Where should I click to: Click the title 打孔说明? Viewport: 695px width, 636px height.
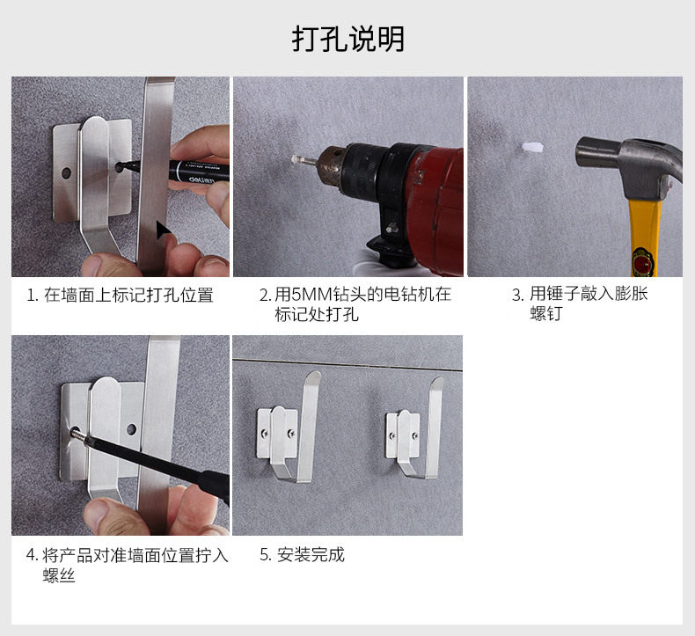click(348, 39)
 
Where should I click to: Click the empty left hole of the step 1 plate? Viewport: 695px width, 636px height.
click(67, 172)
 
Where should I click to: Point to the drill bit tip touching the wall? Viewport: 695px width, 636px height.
click(294, 158)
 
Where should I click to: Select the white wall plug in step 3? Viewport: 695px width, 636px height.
click(533, 148)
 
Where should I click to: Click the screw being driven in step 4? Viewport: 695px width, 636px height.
click(77, 433)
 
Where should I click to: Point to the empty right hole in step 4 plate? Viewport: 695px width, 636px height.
click(131, 429)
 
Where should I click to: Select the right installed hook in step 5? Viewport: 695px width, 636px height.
click(414, 428)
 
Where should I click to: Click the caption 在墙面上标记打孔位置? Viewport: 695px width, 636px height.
click(128, 296)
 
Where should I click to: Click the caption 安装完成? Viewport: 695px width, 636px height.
click(311, 555)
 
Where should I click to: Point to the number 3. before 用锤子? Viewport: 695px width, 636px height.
click(517, 296)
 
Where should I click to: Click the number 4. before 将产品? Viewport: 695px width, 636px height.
click(33, 555)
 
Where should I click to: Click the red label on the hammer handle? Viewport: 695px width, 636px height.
click(643, 260)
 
